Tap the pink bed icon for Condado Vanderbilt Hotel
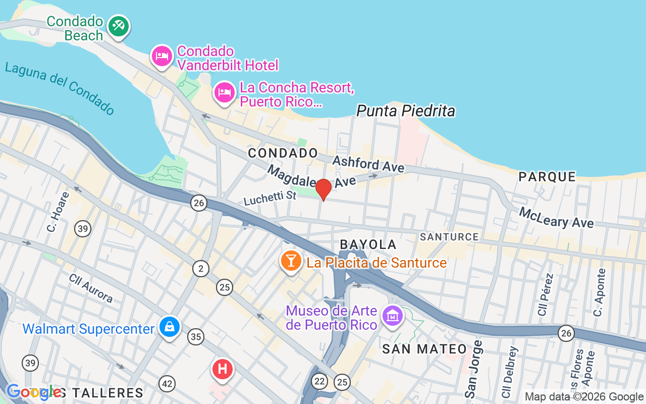[x=161, y=56]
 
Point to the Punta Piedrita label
[x=406, y=111]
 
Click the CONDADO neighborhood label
[x=283, y=153]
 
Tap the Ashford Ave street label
[x=368, y=164]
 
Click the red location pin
[x=324, y=190]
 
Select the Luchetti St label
[x=270, y=197]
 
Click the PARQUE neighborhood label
[x=548, y=177]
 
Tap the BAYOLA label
[x=368, y=244]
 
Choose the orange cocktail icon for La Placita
[x=291, y=261]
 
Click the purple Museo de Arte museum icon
[x=392, y=316]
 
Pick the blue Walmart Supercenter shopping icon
[x=170, y=327]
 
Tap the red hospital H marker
[x=223, y=369]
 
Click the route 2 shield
[x=201, y=269]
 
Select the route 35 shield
[x=196, y=336]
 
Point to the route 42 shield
[x=167, y=384]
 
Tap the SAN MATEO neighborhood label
[x=424, y=348]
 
